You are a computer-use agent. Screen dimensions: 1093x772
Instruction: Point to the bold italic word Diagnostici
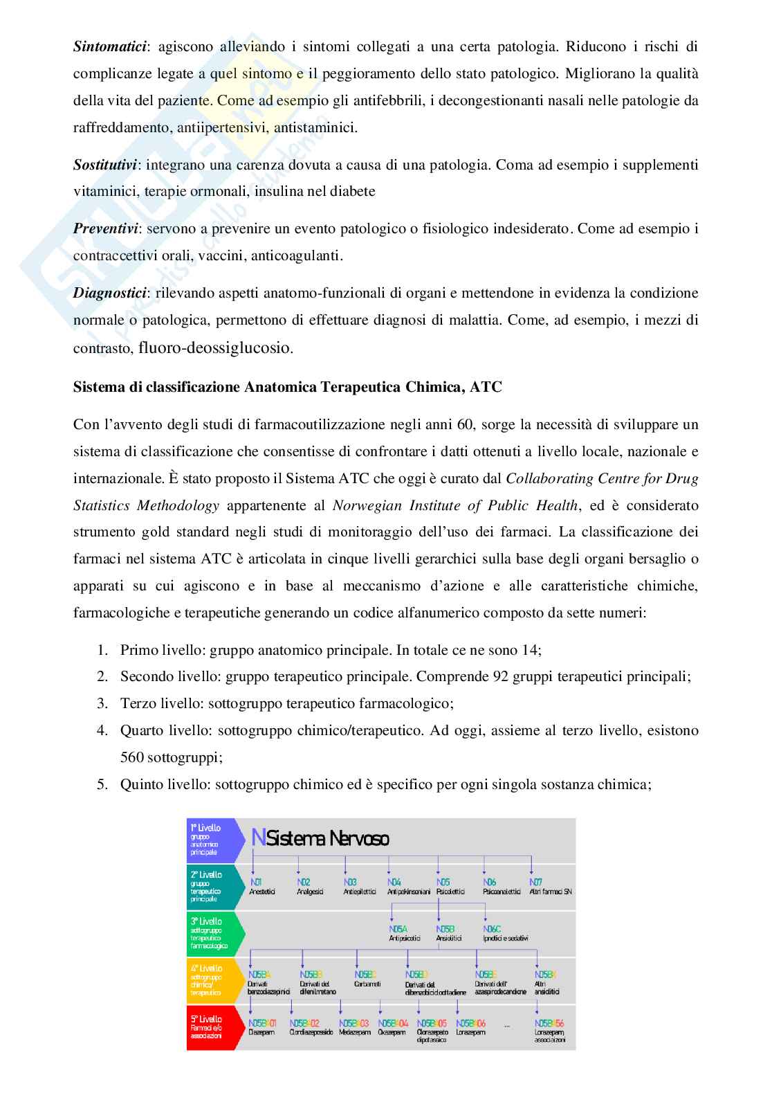pyautogui.click(x=109, y=293)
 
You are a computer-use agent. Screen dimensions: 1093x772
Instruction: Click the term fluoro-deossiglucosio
pyautogui.click(x=215, y=347)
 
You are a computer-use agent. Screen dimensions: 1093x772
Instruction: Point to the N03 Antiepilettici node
pyautogui.click(x=359, y=887)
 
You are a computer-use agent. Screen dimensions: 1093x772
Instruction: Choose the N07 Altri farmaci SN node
pyautogui.click(x=550, y=887)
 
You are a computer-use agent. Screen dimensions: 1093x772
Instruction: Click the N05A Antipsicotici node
pyautogui.click(x=405, y=934)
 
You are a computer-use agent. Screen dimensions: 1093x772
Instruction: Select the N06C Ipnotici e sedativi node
pyautogui.click(x=505, y=934)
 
